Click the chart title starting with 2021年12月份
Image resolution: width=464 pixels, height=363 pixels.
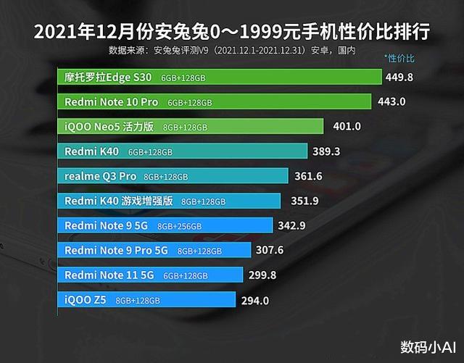(232, 32)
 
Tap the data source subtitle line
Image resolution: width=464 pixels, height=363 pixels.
(232, 51)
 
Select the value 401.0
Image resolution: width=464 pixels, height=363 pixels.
(347, 127)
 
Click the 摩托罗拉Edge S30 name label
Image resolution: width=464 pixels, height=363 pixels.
(109, 77)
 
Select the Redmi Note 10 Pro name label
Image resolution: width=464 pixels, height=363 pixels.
(112, 102)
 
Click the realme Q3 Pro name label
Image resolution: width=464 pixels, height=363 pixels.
(100, 176)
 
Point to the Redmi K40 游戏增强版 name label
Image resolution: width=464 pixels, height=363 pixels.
(119, 201)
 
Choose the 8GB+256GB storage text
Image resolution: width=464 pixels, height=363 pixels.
(178, 226)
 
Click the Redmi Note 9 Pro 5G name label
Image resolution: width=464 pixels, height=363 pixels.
(117, 251)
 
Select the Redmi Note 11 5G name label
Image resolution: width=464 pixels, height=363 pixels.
(109, 275)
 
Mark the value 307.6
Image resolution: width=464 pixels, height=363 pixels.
(270, 251)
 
